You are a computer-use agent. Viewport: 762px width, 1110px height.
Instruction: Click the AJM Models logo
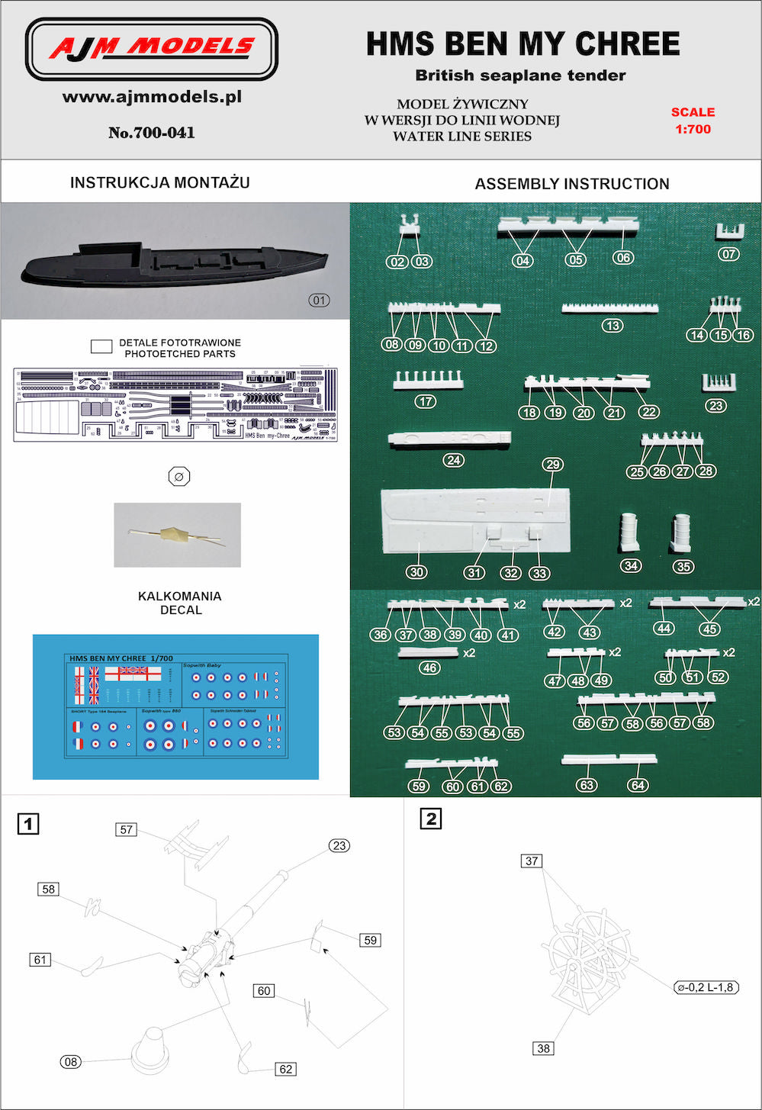[x=152, y=50]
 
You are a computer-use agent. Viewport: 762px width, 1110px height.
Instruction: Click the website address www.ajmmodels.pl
[x=152, y=97]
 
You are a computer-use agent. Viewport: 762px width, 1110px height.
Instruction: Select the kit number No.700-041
[x=152, y=133]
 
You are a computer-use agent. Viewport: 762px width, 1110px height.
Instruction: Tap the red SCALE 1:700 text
[x=693, y=121]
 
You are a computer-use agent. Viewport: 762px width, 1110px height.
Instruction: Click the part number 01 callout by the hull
[x=320, y=300]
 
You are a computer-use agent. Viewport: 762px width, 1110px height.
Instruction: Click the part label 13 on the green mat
[x=612, y=326]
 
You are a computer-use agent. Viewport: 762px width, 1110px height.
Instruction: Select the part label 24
[x=453, y=460]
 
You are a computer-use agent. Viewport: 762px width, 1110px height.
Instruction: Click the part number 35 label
[x=683, y=566]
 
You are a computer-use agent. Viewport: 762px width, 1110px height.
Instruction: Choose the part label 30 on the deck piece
[x=416, y=572]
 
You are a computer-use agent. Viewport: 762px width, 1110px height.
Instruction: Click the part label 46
[x=429, y=668]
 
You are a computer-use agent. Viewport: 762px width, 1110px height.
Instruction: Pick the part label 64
[x=638, y=785]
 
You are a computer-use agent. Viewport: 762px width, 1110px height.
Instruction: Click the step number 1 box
[x=28, y=824]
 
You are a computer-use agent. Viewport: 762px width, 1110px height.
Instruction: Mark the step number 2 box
[x=431, y=819]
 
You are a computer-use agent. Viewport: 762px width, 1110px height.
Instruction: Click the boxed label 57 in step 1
[x=127, y=829]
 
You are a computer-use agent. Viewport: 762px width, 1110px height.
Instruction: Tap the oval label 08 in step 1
[x=71, y=1062]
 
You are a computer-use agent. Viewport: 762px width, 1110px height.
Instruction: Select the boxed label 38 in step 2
[x=543, y=1048]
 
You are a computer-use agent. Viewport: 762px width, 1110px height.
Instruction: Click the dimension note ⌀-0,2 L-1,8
[x=706, y=987]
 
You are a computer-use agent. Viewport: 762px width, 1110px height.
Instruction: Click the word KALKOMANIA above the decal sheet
[x=180, y=596]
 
